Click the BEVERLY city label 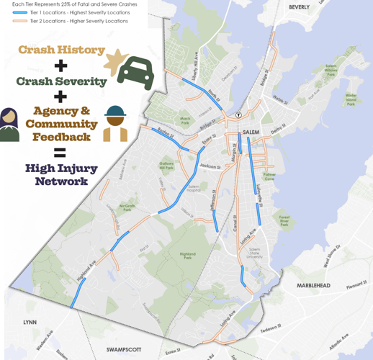click(299, 7)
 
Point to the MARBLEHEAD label click(313, 286)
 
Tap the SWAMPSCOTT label click(123, 349)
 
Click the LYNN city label click(30, 323)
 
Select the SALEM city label click(251, 132)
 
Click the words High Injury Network click(61, 174)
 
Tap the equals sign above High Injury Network click(60, 152)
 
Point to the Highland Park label click(187, 256)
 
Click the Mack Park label click(185, 120)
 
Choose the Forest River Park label click(284, 221)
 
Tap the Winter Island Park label click(351, 99)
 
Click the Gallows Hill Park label click(166, 166)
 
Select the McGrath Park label click(127, 207)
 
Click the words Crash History click(61, 50)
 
